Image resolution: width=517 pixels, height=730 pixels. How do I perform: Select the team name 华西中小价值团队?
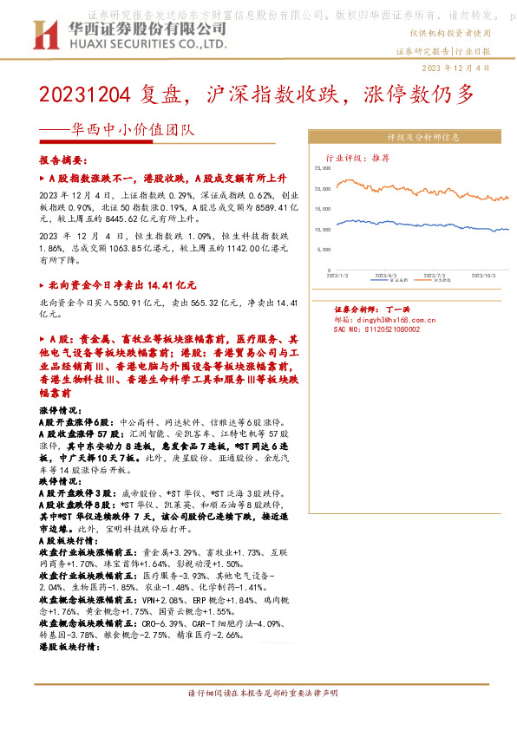click(x=133, y=132)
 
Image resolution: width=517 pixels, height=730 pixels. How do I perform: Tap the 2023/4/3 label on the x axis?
click(x=385, y=272)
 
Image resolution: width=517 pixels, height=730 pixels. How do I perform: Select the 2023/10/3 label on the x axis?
click(x=482, y=272)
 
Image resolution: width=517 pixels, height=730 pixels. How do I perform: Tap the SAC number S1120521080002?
click(x=376, y=329)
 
